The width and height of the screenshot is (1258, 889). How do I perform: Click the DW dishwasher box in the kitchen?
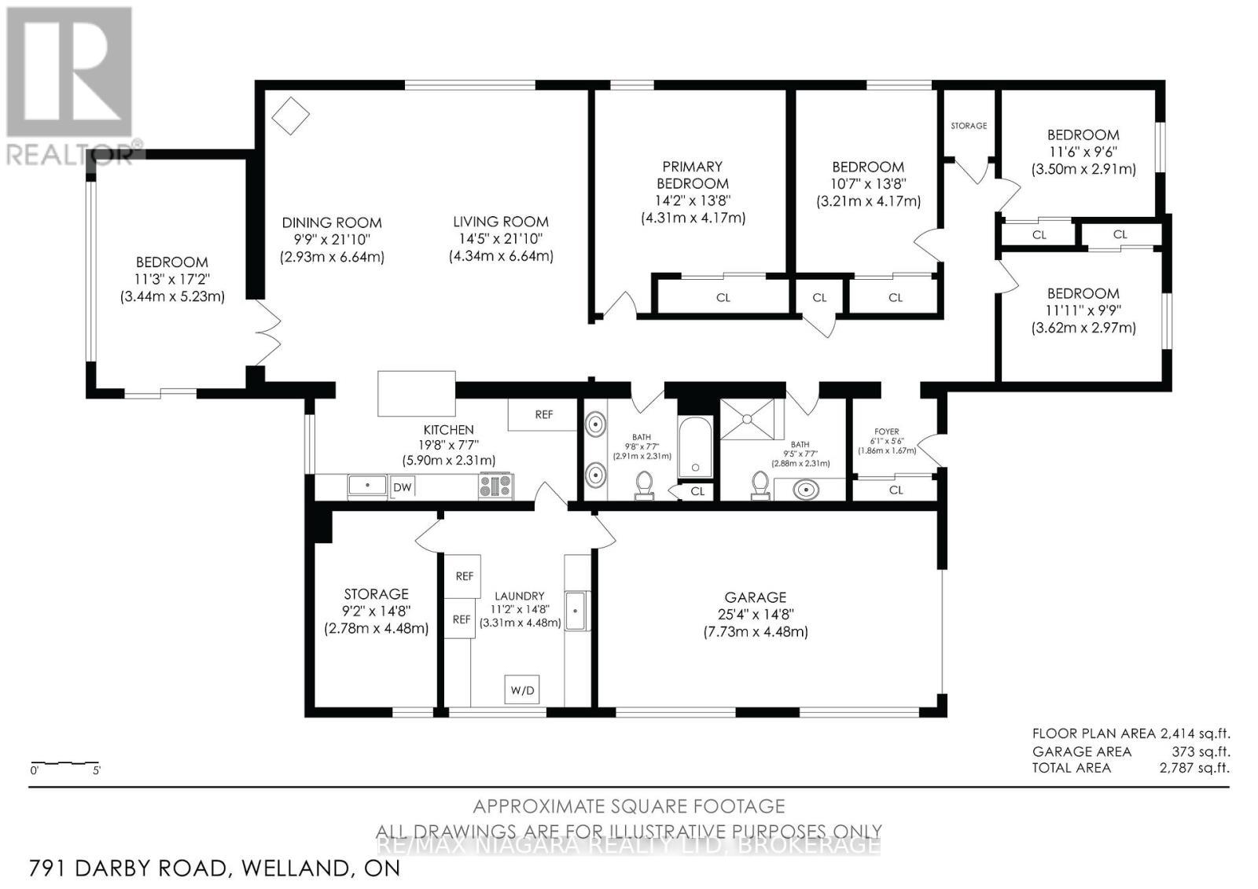pos(403,487)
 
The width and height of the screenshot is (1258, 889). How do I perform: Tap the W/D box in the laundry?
pos(522,690)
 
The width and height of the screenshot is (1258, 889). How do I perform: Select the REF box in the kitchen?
pos(543,414)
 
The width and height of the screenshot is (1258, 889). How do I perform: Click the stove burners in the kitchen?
pos(495,486)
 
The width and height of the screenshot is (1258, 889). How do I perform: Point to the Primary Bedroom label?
pos(692,174)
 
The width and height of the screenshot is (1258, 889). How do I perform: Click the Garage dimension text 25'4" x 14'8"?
pos(755,615)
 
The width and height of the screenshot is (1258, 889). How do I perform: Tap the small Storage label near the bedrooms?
pos(968,126)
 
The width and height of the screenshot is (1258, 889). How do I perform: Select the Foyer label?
pos(886,432)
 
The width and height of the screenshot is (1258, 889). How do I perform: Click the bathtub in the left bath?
pos(694,448)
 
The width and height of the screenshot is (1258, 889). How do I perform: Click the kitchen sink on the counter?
pos(367,485)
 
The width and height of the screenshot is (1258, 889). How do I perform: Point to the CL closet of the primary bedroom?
pos(723,297)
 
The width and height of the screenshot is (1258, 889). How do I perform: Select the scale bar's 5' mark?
pos(97,770)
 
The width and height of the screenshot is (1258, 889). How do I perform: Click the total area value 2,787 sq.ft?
pos(1194,768)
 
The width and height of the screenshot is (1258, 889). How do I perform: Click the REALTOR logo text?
pos(71,154)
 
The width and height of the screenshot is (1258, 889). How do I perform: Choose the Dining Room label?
pos(332,222)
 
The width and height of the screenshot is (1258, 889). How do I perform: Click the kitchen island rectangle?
pos(417,393)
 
